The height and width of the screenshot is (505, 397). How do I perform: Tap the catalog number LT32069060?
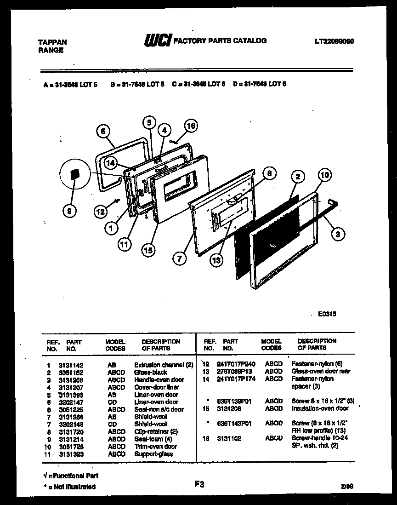[334, 41]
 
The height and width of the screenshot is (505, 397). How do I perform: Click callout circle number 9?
[69, 211]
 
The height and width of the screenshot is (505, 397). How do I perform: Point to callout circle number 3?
[338, 235]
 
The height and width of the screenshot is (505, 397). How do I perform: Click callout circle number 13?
[216, 260]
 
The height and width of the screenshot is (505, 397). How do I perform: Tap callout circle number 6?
[103, 132]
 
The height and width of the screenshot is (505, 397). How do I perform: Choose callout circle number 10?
[324, 175]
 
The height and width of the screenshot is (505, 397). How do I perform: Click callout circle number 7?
[179, 259]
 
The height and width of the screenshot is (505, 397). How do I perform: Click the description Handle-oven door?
[159, 380]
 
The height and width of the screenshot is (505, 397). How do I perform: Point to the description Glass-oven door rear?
[321, 371]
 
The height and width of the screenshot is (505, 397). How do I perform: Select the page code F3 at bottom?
[198, 484]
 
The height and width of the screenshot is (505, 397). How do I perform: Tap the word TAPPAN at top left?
[52, 42]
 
